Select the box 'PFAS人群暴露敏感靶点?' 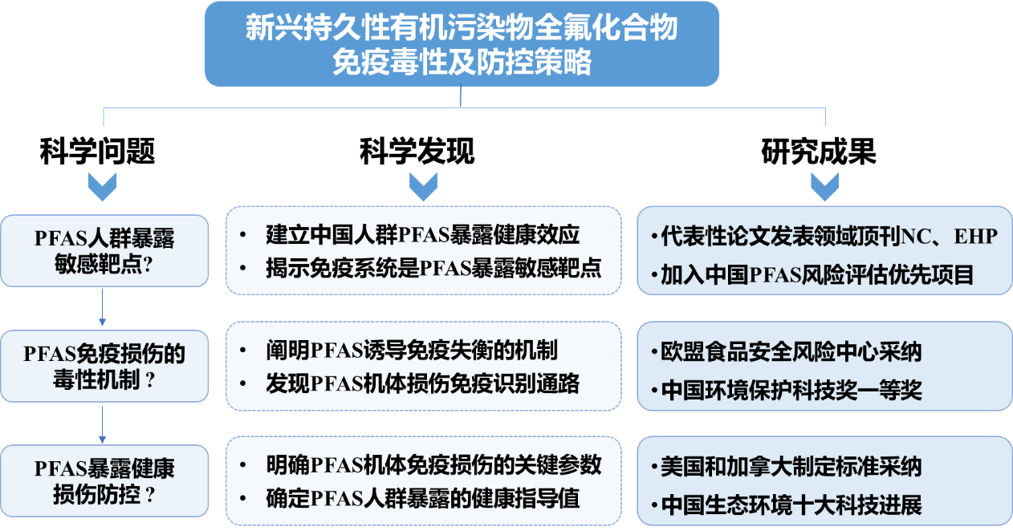pyautogui.click(x=104, y=251)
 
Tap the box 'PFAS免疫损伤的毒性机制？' pyautogui.click(x=104, y=367)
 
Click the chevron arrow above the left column pyautogui.click(x=102, y=186)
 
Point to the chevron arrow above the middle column pyautogui.click(x=423, y=186)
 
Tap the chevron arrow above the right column pyautogui.click(x=824, y=186)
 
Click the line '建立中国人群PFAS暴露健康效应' pyautogui.click(x=422, y=235)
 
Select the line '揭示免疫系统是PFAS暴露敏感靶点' pyautogui.click(x=433, y=268)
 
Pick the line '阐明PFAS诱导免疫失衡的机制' pyautogui.click(x=411, y=351)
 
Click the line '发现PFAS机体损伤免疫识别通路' pyautogui.click(x=422, y=383)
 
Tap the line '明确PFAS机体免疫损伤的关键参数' pyautogui.click(x=433, y=465)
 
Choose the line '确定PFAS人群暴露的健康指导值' pyautogui.click(x=422, y=498)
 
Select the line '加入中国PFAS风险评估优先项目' pyautogui.click(x=817, y=275)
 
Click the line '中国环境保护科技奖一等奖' pyautogui.click(x=791, y=391)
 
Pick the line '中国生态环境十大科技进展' pyautogui.click(x=791, y=505)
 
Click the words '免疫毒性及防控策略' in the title pyautogui.click(x=462, y=62)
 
